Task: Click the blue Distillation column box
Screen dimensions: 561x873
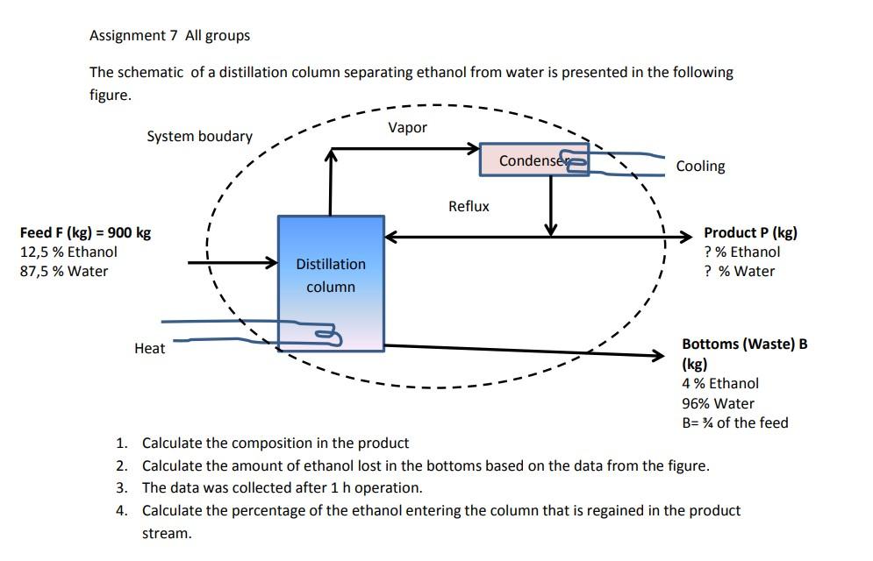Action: click(331, 283)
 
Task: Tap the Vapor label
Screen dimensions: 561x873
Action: click(407, 128)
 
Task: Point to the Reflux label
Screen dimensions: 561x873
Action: click(469, 207)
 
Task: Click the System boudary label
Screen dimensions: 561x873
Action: click(199, 137)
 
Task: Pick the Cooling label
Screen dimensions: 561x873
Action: click(700, 167)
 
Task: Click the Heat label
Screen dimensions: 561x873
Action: click(149, 349)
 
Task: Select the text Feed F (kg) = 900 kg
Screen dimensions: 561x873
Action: click(85, 233)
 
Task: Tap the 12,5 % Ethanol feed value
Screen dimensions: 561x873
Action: click(68, 252)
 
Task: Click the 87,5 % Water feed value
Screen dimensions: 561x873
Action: click(63, 272)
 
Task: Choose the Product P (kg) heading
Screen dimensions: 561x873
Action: click(750, 233)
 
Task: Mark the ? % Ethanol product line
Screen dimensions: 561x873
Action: click(741, 252)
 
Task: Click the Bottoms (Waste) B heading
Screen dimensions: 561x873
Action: click(744, 344)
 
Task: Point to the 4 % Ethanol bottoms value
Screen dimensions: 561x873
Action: click(719, 384)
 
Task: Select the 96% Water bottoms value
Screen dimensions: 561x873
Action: click(718, 404)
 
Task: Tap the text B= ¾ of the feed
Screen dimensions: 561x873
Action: click(734, 423)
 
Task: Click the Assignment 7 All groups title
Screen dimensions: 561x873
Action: click(169, 36)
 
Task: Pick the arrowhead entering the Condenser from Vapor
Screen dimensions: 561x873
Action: click(474, 148)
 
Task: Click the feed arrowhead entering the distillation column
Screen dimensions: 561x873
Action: click(271, 262)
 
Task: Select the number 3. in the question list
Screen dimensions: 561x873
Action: click(122, 488)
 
